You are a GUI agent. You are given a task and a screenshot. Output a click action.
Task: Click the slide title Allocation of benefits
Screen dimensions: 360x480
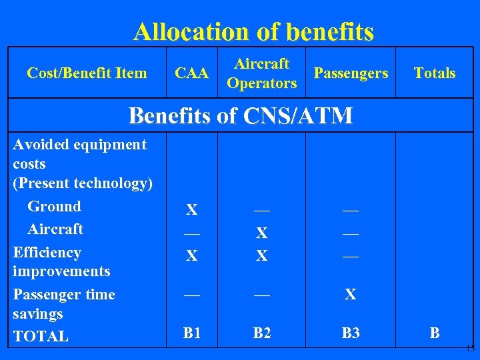coord(253,31)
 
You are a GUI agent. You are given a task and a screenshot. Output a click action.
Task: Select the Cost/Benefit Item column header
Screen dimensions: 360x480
coord(87,73)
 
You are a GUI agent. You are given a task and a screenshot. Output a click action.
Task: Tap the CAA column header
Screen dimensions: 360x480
coord(191,73)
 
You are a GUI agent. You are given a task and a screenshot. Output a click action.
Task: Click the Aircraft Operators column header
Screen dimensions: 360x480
coord(262,73)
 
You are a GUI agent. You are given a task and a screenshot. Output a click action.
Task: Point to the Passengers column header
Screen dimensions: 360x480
coord(351,73)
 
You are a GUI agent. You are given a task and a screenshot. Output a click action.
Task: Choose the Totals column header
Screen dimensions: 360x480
coord(435,73)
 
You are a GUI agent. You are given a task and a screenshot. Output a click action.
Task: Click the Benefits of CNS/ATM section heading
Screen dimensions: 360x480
coord(240,115)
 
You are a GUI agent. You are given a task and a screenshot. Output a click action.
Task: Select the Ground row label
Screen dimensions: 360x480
coord(54,207)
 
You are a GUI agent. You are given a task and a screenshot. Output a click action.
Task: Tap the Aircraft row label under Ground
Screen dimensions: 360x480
coord(55,229)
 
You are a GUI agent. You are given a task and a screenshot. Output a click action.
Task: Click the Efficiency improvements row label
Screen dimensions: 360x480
coord(61,262)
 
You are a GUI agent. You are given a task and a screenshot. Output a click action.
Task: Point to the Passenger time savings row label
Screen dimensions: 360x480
coord(64,304)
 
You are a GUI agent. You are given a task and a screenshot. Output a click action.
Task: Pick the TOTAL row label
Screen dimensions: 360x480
coord(41,337)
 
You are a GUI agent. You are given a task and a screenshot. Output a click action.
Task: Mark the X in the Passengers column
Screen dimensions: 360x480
coord(350,294)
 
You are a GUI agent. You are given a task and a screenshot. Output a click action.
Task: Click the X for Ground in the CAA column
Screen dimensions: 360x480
coord(191,211)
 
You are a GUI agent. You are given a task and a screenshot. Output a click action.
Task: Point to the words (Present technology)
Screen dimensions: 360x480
coord(83,183)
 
